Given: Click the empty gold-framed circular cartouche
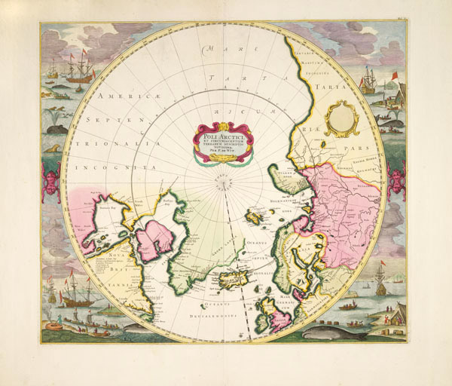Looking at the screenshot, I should point(341,118).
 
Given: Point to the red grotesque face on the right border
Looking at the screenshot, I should point(394,181).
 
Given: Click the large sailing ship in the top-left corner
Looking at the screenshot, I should point(79,70).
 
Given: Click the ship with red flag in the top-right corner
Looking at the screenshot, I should point(368,81).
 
